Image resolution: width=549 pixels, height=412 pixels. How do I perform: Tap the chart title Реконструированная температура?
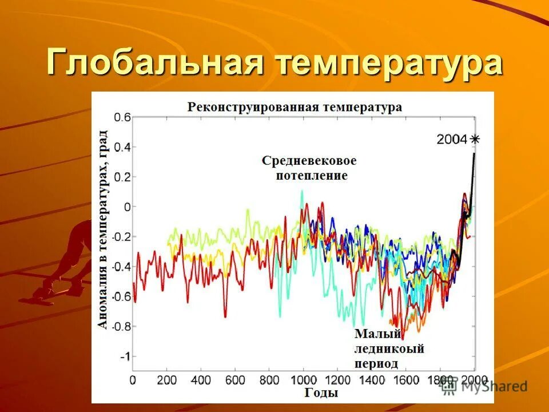click(295, 107)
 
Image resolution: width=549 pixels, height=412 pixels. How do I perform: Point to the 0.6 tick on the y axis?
click(122, 117)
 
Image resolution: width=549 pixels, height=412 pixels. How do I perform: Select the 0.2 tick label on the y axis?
click(122, 177)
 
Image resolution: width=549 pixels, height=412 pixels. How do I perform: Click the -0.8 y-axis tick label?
click(120, 327)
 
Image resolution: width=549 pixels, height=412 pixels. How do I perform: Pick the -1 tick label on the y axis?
click(125, 356)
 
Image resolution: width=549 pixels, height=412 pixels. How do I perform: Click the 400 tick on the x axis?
click(201, 379)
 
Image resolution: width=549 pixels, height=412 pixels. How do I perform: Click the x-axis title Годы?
click(321, 393)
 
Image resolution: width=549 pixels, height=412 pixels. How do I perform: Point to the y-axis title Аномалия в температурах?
click(102, 229)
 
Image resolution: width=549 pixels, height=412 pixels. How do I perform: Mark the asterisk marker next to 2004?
click(475, 138)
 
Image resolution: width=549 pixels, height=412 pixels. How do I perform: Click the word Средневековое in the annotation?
click(309, 160)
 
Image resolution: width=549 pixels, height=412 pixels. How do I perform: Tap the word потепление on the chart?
click(312, 175)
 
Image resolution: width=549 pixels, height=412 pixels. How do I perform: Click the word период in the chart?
click(376, 363)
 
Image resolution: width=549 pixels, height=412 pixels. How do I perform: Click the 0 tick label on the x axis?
click(133, 379)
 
